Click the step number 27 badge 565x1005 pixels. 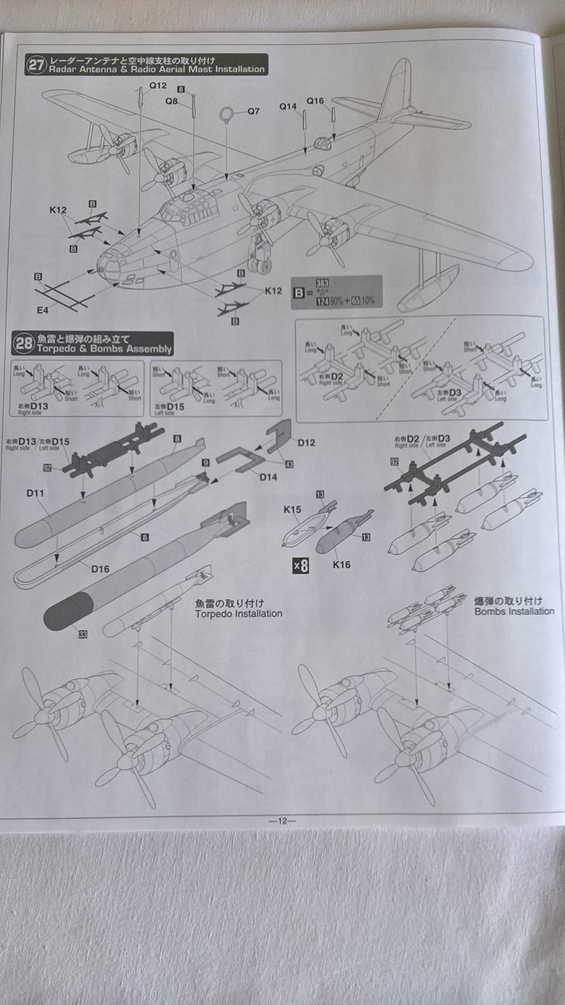pyautogui.click(x=36, y=64)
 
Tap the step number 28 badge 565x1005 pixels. pyautogui.click(x=24, y=343)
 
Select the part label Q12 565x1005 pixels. pyautogui.click(x=158, y=86)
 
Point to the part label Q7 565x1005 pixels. pyautogui.click(x=253, y=111)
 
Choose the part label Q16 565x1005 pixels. pyautogui.click(x=315, y=100)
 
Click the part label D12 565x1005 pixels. pyautogui.click(x=307, y=442)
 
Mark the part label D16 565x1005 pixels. pyautogui.click(x=101, y=568)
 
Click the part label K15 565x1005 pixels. pyautogui.click(x=292, y=510)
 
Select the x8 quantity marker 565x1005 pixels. pyautogui.click(x=300, y=566)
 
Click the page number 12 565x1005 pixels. pyautogui.click(x=282, y=821)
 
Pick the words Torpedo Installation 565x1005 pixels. pyautogui.click(x=239, y=608)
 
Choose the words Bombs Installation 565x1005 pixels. pyautogui.click(x=514, y=606)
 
